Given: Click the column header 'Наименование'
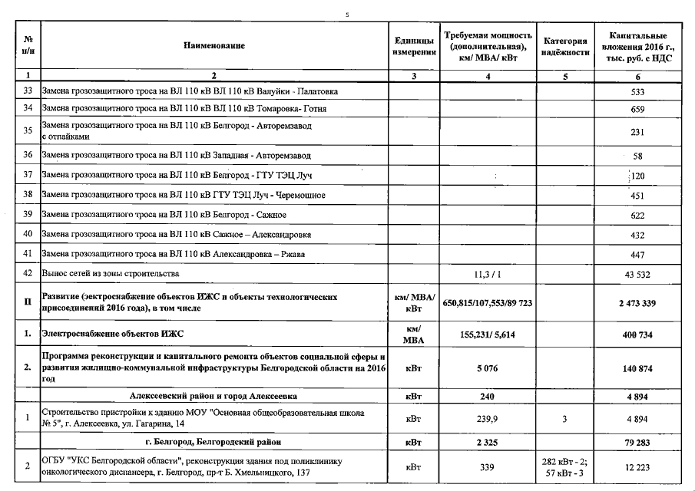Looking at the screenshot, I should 214,46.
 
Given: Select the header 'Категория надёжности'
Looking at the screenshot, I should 565,46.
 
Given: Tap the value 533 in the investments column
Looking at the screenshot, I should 637,92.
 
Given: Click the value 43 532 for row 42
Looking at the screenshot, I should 637,274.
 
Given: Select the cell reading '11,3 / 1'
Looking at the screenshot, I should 488,274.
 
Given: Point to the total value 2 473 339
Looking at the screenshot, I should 637,303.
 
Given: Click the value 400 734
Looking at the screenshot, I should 637,334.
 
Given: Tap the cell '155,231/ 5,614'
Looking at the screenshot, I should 488,334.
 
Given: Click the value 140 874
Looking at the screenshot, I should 637,368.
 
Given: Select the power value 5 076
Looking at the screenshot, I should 488,368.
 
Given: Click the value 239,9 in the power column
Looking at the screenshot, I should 488,419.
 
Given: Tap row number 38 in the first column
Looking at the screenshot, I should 28,195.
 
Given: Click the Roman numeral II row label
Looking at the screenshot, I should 28,303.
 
